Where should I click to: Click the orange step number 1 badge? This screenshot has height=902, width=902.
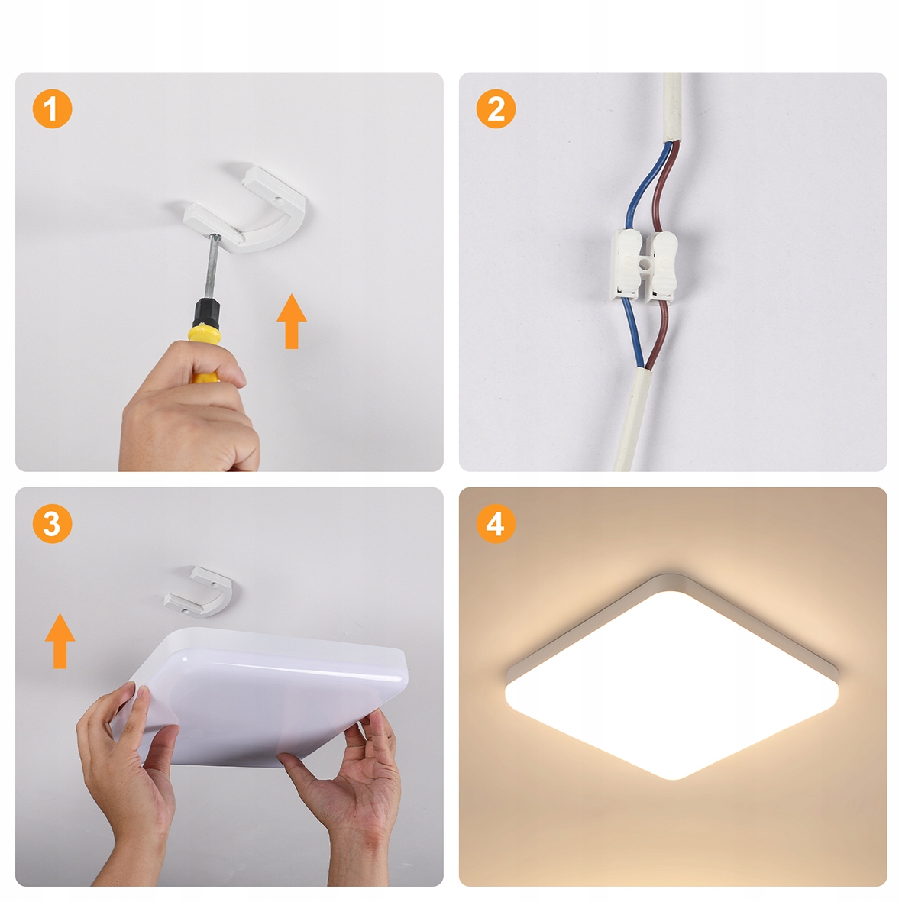coord(53,108)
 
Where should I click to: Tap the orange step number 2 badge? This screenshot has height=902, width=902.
coord(496,108)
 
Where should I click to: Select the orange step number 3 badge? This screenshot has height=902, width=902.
coord(53,523)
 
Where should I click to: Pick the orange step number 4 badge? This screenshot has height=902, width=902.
coord(496,523)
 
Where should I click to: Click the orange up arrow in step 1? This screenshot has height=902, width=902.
coord(292,321)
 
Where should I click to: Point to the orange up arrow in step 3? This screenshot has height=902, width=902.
coord(60,641)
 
